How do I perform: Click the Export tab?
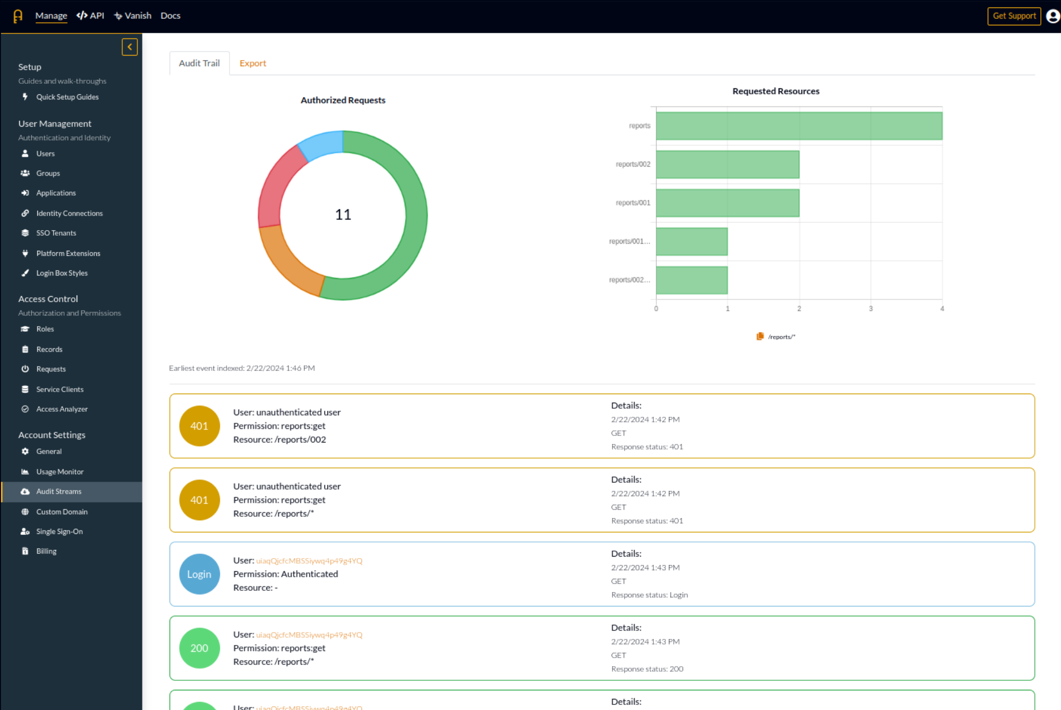click(x=252, y=63)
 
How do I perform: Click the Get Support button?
click(x=1014, y=16)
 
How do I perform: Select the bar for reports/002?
click(x=727, y=165)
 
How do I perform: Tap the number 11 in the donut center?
click(x=343, y=214)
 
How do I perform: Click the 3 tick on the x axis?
click(x=870, y=308)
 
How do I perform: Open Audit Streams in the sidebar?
click(x=59, y=491)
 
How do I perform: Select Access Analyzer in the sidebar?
click(x=62, y=409)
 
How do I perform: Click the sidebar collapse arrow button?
click(x=130, y=47)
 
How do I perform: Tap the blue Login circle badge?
click(x=199, y=574)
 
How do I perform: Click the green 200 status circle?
click(x=199, y=648)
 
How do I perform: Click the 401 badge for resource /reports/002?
click(x=199, y=426)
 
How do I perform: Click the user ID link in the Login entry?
click(x=309, y=561)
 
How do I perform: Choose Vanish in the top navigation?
click(x=133, y=16)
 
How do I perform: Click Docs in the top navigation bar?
click(x=170, y=16)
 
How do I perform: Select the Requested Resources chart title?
click(x=775, y=91)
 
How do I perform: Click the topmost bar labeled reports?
click(x=799, y=126)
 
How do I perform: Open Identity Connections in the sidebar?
click(x=69, y=213)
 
